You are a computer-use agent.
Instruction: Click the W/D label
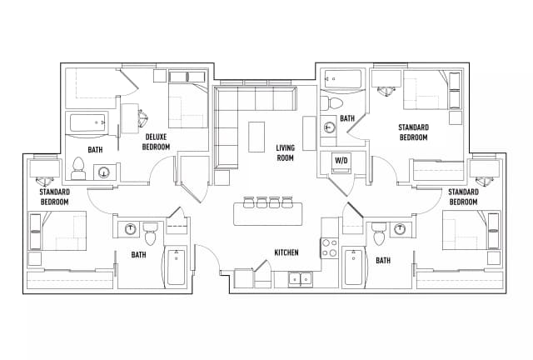click(341, 160)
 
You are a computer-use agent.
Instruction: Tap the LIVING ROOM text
click(286, 152)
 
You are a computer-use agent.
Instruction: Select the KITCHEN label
click(286, 253)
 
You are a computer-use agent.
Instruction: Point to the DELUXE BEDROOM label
click(157, 142)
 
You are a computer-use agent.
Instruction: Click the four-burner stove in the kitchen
click(329, 247)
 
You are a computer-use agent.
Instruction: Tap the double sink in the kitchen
click(300, 278)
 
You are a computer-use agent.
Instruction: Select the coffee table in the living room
click(257, 137)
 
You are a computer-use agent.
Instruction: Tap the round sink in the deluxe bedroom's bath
click(104, 172)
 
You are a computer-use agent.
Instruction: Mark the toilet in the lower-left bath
click(151, 232)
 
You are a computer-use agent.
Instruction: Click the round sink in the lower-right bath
click(400, 229)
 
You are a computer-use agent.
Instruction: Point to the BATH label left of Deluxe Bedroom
click(96, 150)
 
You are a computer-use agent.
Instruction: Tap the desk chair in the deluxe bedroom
click(141, 116)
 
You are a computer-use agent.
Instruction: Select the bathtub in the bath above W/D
click(342, 81)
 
